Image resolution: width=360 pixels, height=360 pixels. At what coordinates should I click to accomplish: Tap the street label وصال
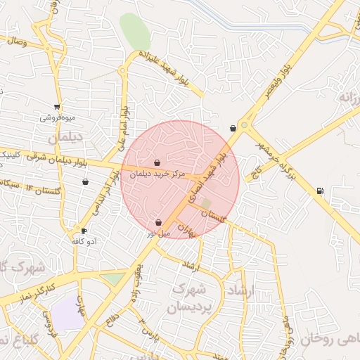(15, 41)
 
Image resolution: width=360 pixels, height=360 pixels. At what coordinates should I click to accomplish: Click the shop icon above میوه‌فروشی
(56, 108)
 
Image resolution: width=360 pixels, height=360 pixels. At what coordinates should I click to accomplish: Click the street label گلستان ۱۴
(42, 189)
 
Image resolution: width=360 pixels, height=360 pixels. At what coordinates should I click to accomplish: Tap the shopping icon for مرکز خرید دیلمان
(157, 162)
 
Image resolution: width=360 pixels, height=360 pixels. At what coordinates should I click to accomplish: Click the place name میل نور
(158, 231)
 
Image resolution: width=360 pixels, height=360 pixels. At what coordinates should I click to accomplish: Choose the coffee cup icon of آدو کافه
(84, 231)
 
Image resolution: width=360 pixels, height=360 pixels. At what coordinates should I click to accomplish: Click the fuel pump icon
(321, 190)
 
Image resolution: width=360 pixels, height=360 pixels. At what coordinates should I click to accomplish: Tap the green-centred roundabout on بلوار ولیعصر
(244, 125)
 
